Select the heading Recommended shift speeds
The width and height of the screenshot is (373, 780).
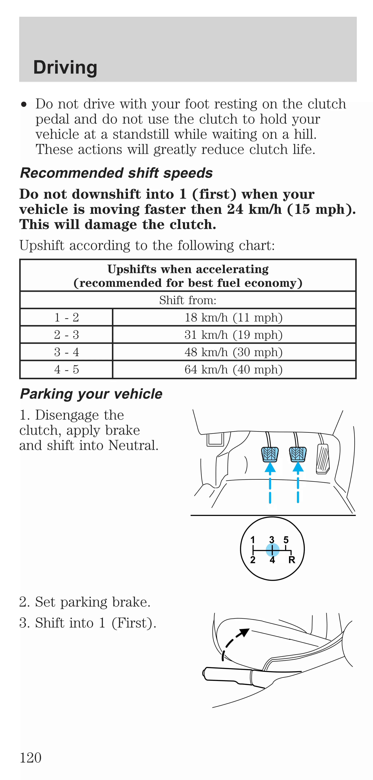pyautogui.click(x=116, y=173)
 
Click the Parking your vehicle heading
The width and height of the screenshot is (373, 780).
pyautogui.click(x=91, y=394)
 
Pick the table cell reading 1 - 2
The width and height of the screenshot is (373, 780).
pyautogui.click(x=66, y=317)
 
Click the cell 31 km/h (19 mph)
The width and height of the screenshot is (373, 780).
pyautogui.click(x=233, y=335)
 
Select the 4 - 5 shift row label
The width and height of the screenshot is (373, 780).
pyautogui.click(x=66, y=369)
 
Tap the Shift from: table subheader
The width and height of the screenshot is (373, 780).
pyautogui.click(x=188, y=300)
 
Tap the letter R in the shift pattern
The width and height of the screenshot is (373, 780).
pyautogui.click(x=292, y=560)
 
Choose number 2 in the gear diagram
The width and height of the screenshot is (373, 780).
pyautogui.click(x=253, y=560)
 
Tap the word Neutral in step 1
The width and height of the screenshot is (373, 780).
pyautogui.click(x=133, y=445)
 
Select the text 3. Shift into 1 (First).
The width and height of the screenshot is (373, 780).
pyautogui.click(x=88, y=623)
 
